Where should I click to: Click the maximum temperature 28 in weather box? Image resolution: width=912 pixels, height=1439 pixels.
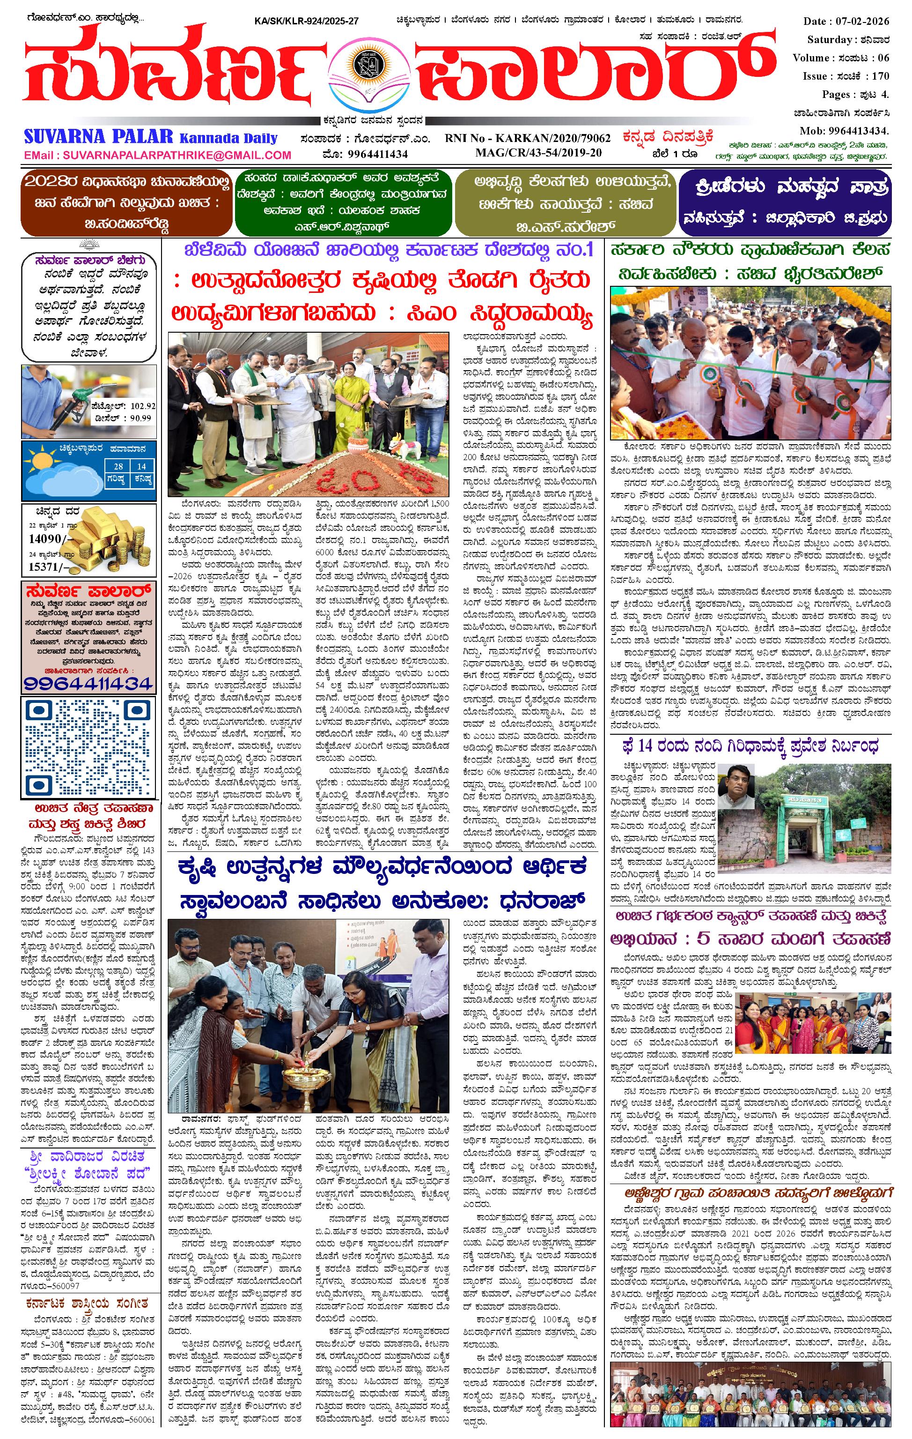point(119,466)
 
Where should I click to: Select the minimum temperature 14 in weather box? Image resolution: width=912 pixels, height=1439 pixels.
point(141,466)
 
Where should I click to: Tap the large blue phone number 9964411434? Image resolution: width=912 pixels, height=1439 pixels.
point(88,682)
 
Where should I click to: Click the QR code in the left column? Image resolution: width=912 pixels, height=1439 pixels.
point(88,747)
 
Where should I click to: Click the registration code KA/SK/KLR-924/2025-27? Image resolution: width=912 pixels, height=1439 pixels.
point(306,21)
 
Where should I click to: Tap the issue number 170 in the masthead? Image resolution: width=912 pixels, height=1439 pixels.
point(880,76)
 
